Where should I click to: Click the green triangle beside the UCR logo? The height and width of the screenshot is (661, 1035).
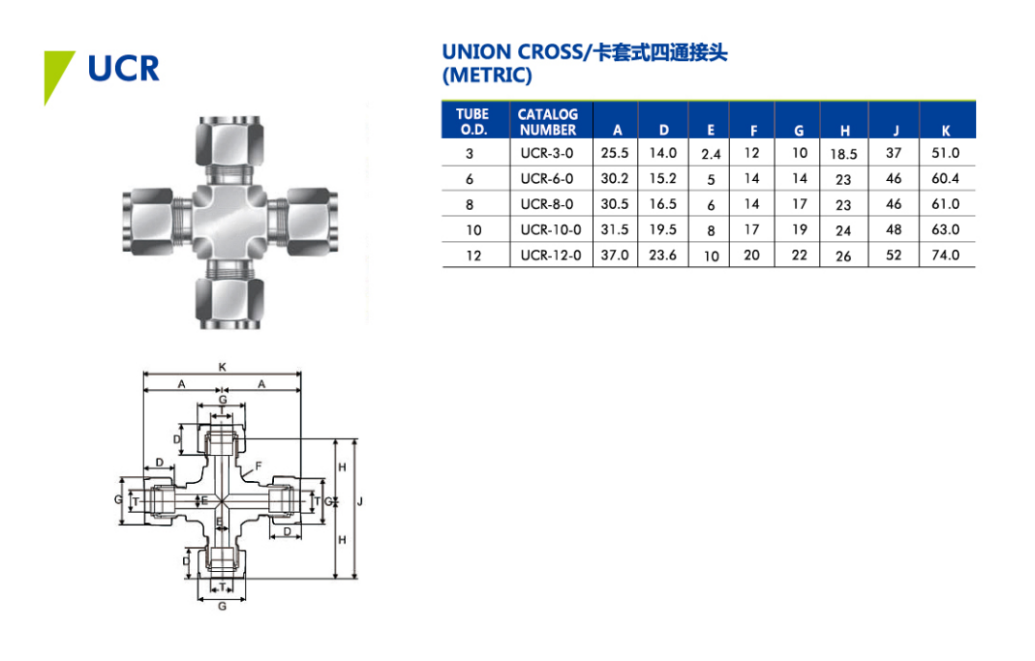[55, 73]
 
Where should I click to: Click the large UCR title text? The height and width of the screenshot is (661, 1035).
[123, 69]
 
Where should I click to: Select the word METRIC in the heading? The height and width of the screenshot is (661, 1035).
[487, 75]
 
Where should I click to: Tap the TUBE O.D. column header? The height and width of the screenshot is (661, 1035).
[472, 122]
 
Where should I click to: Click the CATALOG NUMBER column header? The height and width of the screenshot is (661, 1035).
[548, 122]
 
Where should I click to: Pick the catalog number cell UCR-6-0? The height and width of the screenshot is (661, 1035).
[546, 179]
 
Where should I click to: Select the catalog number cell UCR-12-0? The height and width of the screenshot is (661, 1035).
[551, 255]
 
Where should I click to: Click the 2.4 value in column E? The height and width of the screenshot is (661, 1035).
[711, 155]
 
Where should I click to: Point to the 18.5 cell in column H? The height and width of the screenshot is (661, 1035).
[843, 155]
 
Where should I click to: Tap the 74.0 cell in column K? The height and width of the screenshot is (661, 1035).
[945, 255]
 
